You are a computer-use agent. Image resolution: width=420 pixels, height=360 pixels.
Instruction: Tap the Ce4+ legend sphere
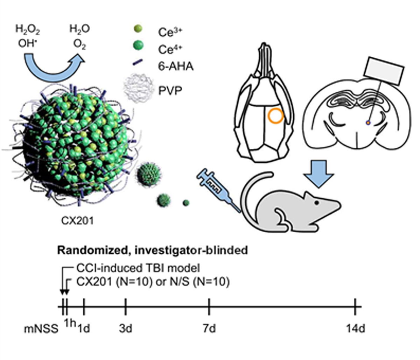[x=138, y=45]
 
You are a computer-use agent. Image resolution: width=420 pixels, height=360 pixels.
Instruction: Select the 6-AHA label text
[x=176, y=66]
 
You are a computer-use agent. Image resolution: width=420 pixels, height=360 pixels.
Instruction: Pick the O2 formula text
[x=79, y=44]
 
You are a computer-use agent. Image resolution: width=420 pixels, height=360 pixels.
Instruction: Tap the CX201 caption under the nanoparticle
[x=77, y=221]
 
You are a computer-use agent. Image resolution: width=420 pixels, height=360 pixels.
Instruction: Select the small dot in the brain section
[x=368, y=123]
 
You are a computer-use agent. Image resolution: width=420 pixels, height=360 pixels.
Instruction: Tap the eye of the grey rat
[x=316, y=203]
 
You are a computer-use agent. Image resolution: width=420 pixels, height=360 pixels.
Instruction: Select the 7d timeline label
[x=209, y=329]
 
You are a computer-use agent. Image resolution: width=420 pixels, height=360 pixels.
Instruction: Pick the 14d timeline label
[x=356, y=329]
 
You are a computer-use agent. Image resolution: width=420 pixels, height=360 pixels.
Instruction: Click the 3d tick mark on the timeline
[x=126, y=307]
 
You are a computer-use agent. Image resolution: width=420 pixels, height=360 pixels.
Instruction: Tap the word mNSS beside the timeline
[x=41, y=329]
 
